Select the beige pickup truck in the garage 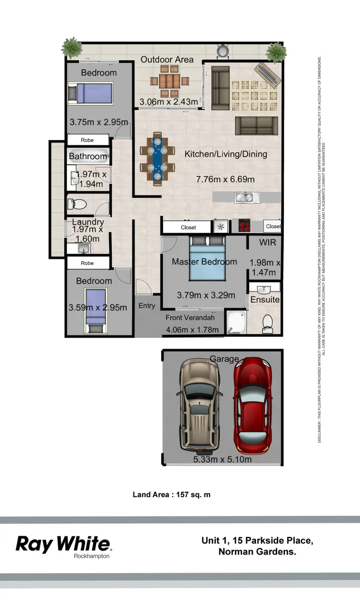tap(198, 404)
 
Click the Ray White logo tap(64, 544)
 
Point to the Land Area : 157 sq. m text tap(171, 494)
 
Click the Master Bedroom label tap(204, 262)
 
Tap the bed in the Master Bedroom tap(207, 258)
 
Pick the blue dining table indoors tap(157, 159)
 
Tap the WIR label tap(267, 242)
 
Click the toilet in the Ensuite tap(267, 324)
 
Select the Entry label tap(146, 306)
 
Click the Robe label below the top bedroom tap(87, 140)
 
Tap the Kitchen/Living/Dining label tap(225, 154)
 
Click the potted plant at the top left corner tap(72, 47)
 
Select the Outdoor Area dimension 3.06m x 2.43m tap(169, 102)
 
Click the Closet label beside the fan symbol tap(189, 227)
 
